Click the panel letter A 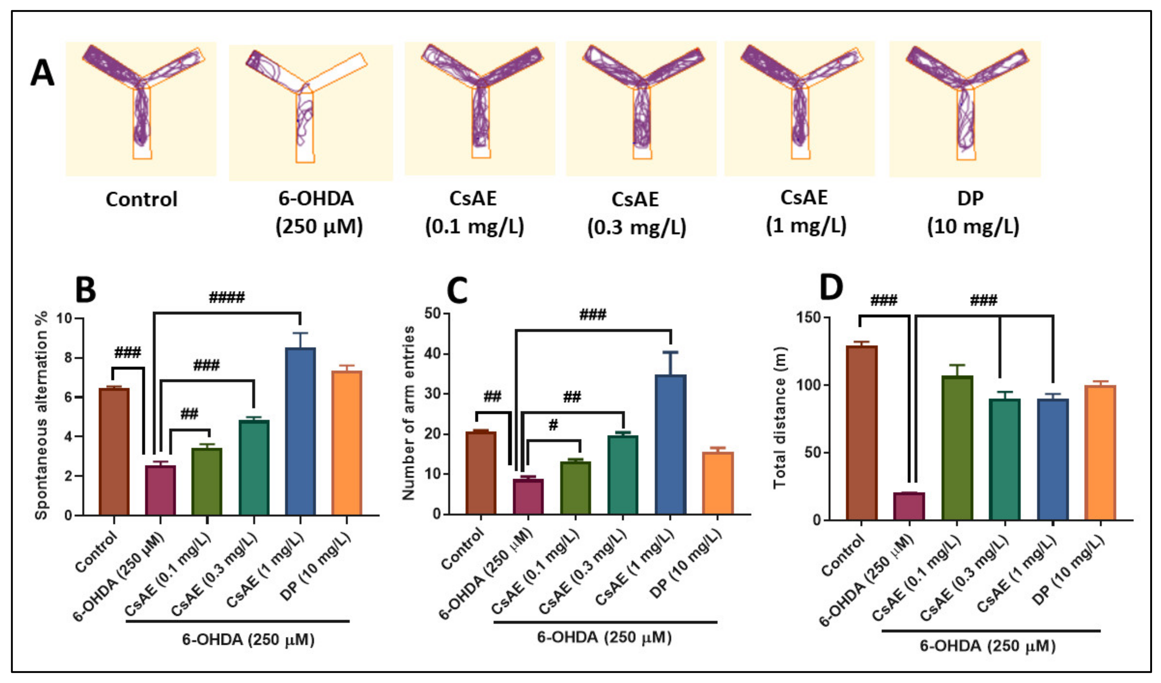tap(42, 74)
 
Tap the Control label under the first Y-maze tap(141, 199)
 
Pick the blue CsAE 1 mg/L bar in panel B tap(300, 431)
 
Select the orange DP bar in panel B tap(347, 443)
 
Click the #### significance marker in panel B tap(227, 297)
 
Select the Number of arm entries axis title tap(408, 413)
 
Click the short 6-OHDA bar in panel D tap(909, 506)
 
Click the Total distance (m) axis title tap(780, 417)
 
